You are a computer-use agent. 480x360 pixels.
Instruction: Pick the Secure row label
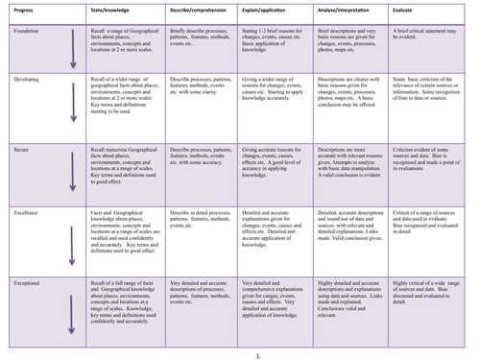pyautogui.click(x=12, y=152)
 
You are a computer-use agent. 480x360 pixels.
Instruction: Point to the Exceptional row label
pyautogui.click(x=19, y=281)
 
